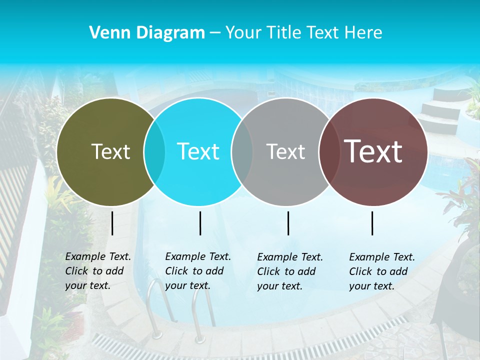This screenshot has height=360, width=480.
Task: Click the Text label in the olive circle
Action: pos(110,151)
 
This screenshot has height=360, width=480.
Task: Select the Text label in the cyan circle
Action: pos(198,151)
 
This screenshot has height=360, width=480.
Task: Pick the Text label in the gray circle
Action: pos(285,151)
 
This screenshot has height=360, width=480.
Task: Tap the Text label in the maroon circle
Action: pos(373,151)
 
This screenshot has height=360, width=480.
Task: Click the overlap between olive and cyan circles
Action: pos(154,151)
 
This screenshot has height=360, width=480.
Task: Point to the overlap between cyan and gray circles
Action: pos(242,151)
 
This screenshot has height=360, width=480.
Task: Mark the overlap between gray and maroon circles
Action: pos(327,151)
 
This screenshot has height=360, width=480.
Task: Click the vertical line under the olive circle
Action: pos(112,223)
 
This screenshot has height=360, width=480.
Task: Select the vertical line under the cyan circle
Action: pos(200,223)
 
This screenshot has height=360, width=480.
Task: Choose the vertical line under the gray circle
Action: pos(288,223)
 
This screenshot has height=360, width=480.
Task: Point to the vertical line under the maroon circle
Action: pos(372,223)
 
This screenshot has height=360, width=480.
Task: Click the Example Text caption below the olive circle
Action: pos(98,271)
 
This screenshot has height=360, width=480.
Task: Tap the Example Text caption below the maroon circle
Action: pos(382,271)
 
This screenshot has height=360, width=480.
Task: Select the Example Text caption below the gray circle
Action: pos(290,271)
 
